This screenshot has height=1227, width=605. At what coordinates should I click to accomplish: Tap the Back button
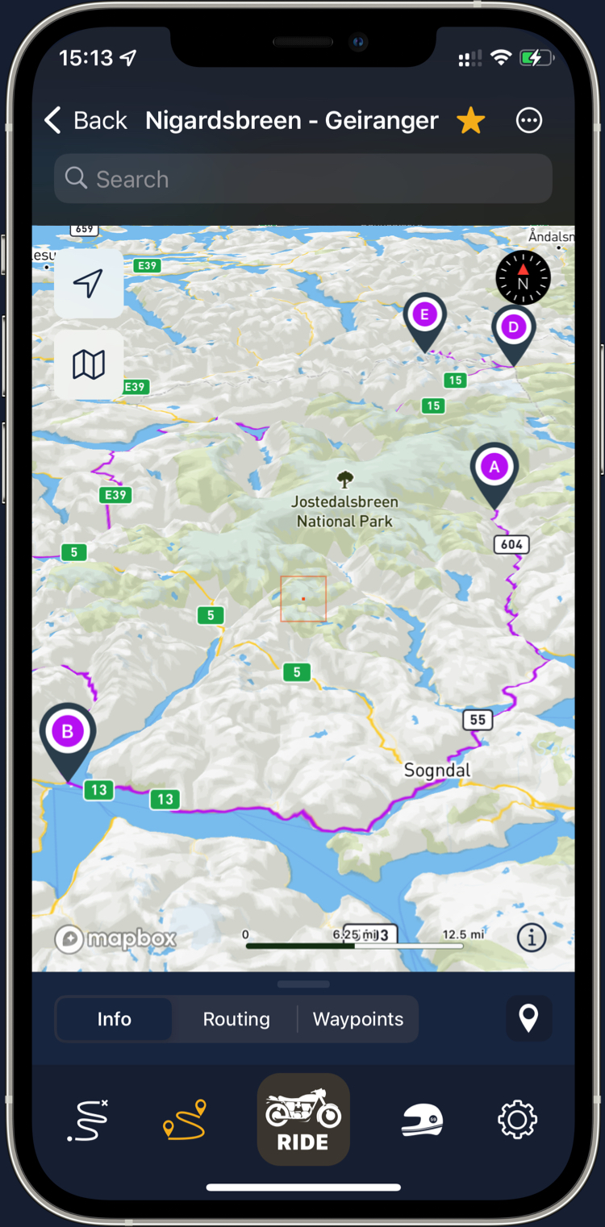[x=85, y=121]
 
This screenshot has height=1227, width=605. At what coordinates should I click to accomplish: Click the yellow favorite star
[x=470, y=121]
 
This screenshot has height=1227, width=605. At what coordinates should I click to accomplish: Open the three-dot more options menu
[x=529, y=121]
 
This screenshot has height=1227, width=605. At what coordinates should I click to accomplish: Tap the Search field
[x=302, y=179]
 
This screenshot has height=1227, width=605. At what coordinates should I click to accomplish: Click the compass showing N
[x=523, y=277]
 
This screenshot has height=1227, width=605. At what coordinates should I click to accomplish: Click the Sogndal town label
[x=436, y=771]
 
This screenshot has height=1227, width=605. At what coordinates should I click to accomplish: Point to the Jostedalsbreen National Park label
[x=344, y=511]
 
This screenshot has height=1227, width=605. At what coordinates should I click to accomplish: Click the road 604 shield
[x=511, y=545]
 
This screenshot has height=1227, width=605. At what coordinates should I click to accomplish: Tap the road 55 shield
[x=478, y=719]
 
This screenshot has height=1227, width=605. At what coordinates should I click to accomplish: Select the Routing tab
[x=236, y=1019]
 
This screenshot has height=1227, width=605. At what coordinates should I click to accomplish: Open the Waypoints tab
[x=358, y=1019]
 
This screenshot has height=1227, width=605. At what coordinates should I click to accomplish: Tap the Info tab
[x=114, y=1019]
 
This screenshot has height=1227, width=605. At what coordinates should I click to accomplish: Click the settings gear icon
[x=517, y=1119]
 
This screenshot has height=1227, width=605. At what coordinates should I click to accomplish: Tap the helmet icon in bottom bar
[x=422, y=1119]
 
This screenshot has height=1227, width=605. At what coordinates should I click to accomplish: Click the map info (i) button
[x=532, y=938]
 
